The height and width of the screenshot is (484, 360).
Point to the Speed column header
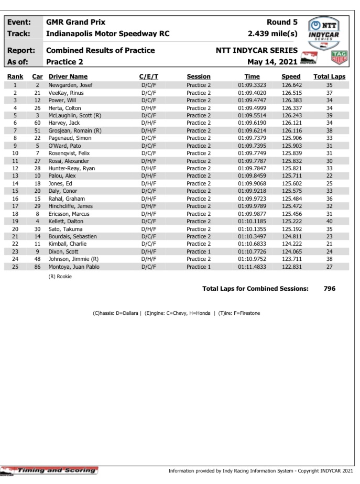pos(291,76)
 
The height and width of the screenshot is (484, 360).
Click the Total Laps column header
pos(329,76)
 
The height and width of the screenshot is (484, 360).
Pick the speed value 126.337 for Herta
pos(291,107)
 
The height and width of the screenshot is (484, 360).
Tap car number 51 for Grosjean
pos(37,130)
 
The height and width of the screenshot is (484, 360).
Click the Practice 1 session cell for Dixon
pos(199,251)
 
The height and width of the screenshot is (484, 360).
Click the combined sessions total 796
pos(329,289)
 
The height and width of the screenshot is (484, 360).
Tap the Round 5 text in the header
pos(282,22)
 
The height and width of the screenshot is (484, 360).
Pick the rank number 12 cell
pos(16,168)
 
